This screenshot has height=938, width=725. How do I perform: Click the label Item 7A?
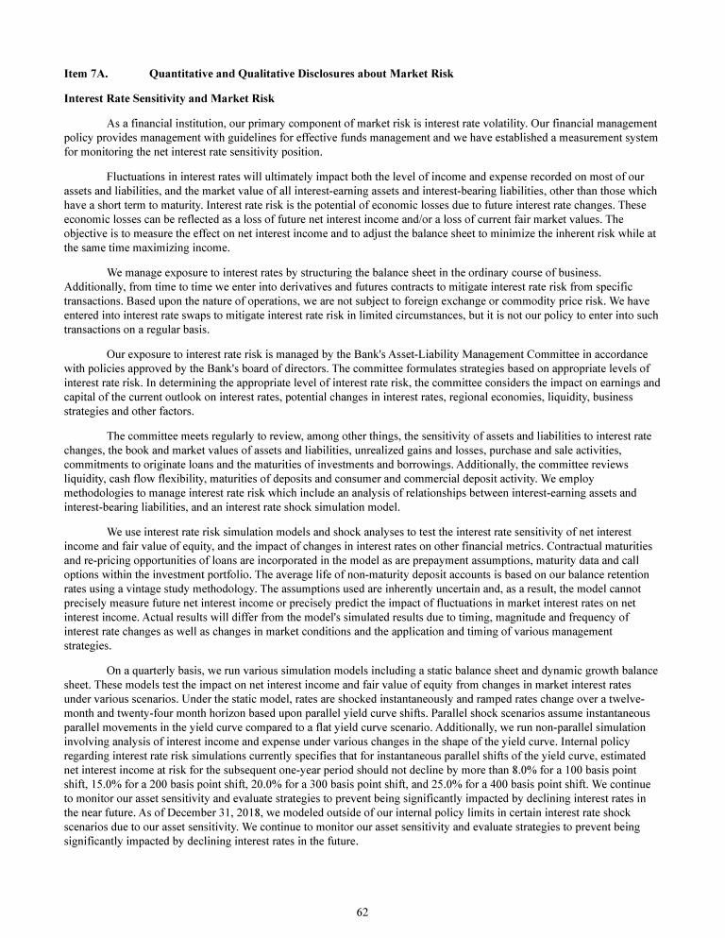(85, 74)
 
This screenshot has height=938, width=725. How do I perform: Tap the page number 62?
(362, 912)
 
